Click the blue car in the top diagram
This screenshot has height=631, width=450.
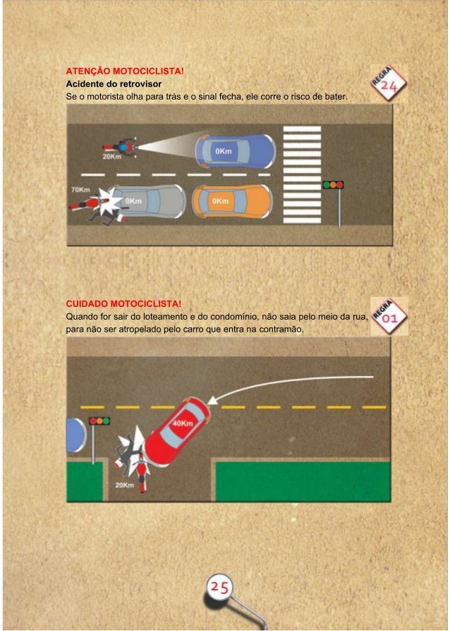[236, 151]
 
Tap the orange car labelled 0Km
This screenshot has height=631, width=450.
[233, 201]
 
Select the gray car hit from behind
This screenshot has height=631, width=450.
[148, 201]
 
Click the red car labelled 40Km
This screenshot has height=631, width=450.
[177, 432]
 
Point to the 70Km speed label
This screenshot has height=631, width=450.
[80, 190]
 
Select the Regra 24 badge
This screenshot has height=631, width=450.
[388, 83]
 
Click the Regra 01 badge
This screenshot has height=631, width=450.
[389, 316]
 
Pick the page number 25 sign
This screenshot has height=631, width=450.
[219, 587]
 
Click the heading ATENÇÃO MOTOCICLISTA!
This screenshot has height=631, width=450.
[125, 71]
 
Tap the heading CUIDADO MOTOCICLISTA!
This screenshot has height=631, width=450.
[123, 304]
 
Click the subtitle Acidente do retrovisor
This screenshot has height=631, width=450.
[114, 84]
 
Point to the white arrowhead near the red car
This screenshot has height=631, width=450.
[212, 399]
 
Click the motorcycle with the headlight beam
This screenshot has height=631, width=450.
[120, 148]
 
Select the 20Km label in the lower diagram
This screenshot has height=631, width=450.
[124, 485]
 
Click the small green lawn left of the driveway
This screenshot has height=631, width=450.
[85, 481]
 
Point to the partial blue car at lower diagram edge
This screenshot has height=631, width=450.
[76, 435]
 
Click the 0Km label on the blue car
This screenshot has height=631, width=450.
[223, 151]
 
